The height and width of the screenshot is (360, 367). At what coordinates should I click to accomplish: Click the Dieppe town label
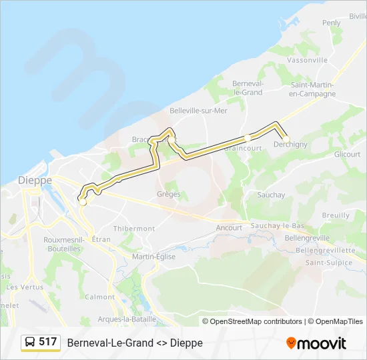[x=35, y=180]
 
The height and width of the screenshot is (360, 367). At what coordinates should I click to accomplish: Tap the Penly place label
[x=331, y=23]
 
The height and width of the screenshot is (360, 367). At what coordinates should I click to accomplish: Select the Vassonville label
[x=306, y=60]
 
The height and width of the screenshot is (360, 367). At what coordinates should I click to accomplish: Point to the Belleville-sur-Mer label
[x=198, y=111]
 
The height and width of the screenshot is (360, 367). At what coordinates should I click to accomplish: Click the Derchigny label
[x=290, y=145]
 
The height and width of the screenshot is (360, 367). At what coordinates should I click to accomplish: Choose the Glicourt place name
[x=347, y=154]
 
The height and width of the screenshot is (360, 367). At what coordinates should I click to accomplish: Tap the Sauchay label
[x=271, y=195]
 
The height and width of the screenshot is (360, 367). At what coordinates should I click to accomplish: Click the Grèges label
[x=168, y=195]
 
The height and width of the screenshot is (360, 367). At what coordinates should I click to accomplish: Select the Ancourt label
[x=229, y=227]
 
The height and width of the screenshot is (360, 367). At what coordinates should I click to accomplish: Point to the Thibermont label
[x=133, y=228]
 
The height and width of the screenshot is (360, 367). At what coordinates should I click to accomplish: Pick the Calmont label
[x=100, y=297]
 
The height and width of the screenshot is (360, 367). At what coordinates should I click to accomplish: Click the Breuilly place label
[x=336, y=215]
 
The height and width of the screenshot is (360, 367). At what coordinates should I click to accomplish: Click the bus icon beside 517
[x=30, y=342]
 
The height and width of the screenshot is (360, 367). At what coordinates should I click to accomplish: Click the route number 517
[x=48, y=342]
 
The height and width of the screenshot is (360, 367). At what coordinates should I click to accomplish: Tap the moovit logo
[x=316, y=343]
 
